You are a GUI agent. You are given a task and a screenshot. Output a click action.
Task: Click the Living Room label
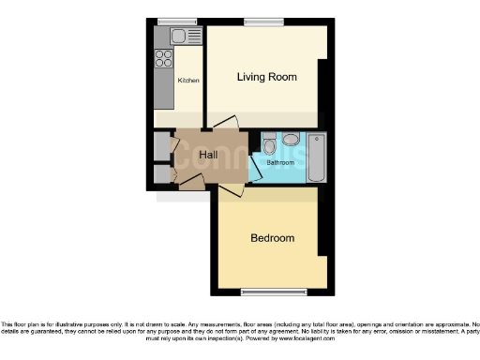[266, 76]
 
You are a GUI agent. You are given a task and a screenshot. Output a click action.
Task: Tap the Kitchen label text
[188, 82]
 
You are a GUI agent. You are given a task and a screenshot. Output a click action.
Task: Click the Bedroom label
[272, 238]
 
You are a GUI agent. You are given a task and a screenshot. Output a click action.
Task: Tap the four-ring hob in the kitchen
[163, 56]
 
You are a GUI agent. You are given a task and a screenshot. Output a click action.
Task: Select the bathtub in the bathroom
[315, 157]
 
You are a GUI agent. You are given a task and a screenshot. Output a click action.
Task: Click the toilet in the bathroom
[269, 146]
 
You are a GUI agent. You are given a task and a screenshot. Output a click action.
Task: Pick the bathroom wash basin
[291, 140]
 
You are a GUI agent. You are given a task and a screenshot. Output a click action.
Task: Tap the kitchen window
[171, 22]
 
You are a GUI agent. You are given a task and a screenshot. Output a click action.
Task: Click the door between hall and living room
[225, 124]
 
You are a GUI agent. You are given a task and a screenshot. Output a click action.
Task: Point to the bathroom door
[253, 166]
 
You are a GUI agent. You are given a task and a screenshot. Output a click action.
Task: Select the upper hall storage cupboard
[161, 146]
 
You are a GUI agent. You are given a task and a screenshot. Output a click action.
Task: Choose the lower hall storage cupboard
[161, 173]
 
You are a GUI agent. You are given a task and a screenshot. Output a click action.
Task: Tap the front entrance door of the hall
[190, 185]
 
